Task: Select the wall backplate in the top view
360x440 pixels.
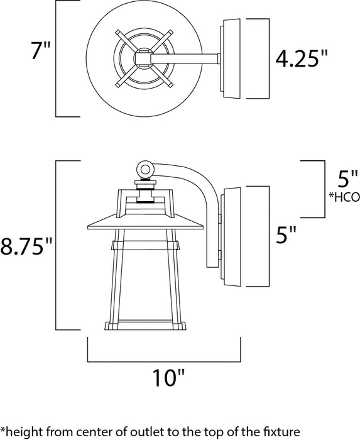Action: [x=231, y=60]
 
